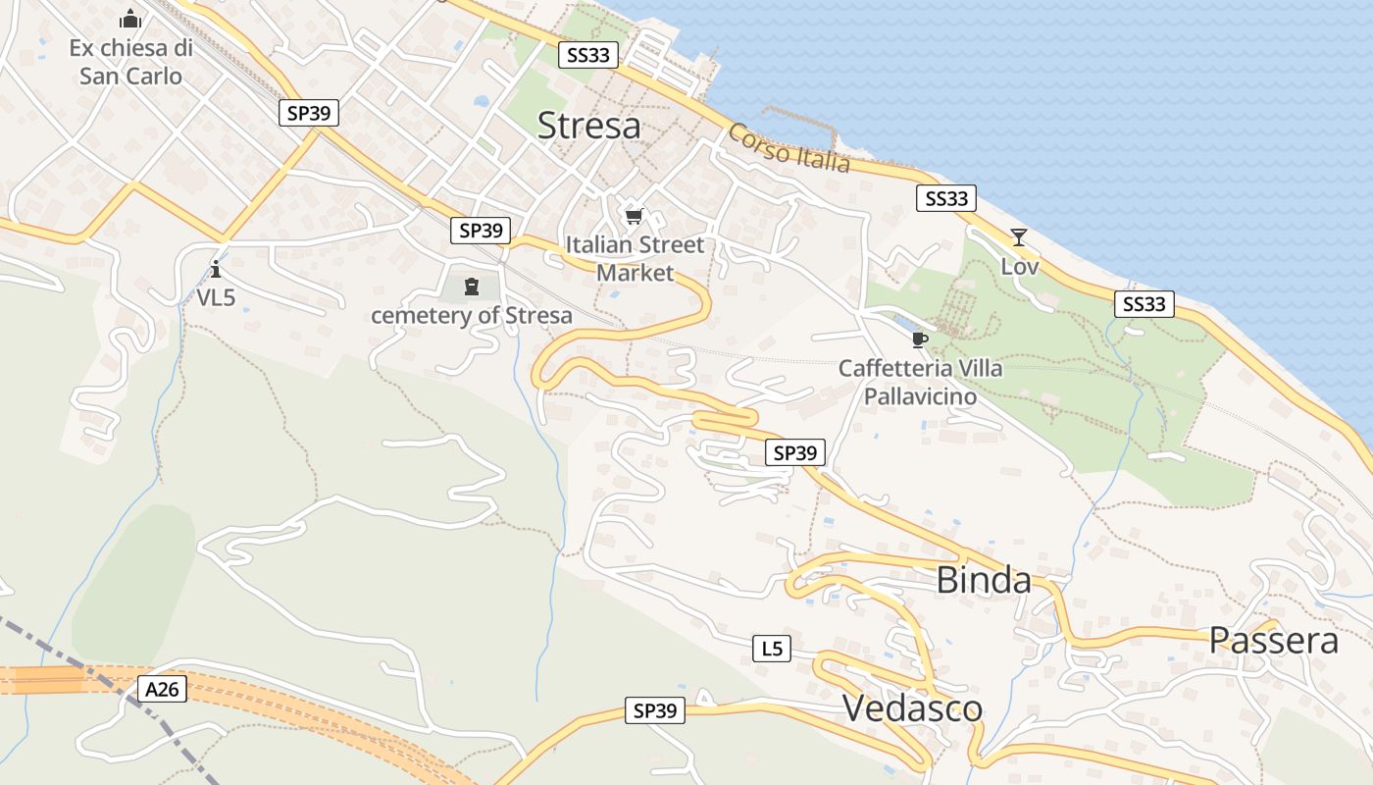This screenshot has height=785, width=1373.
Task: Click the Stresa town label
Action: pos(589,126)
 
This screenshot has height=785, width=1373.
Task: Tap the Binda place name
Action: pos(984,580)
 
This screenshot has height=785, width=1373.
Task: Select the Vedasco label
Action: pos(912,707)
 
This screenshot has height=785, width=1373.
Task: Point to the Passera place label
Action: pos(1273,641)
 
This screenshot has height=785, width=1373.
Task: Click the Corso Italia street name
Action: pos(788,148)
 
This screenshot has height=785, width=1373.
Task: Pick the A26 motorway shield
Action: pos(162,689)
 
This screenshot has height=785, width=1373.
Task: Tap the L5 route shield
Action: pos(772,648)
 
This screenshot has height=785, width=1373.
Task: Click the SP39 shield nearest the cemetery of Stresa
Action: pos(481,231)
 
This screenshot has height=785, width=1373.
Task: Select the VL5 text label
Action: pos(217,297)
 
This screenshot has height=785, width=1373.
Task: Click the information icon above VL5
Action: pos(216,269)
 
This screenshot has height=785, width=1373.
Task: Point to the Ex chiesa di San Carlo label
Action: pos(130,61)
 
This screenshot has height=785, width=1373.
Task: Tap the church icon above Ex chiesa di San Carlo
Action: pos(130,19)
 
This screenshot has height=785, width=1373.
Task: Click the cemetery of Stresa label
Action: pos(471,316)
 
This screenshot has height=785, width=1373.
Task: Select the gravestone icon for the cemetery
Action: pos(472,287)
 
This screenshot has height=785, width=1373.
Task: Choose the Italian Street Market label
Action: pos(636,258)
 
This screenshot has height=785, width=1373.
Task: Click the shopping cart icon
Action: pos(635,216)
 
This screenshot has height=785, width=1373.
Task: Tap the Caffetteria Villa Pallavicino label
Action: pos(920,382)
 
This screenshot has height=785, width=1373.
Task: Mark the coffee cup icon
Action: pos(919,340)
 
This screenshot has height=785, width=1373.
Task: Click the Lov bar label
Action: pos(1020,266)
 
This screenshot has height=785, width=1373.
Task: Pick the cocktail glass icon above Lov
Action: pos(1019,237)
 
